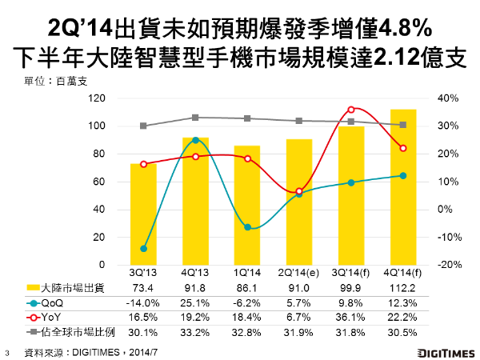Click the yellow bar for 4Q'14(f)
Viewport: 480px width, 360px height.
coord(402,188)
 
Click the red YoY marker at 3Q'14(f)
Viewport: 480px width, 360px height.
coord(351,110)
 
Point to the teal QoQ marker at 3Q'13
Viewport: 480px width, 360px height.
coord(143,249)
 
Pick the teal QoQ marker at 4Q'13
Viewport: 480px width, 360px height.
coord(195,140)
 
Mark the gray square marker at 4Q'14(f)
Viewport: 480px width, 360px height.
coord(402,125)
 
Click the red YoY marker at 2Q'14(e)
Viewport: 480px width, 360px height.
coord(299,191)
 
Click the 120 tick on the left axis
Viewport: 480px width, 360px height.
coord(99,98)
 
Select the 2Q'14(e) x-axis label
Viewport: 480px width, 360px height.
coord(299,274)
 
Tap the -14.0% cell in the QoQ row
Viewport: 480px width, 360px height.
coord(143,304)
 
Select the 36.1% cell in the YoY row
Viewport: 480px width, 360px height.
coord(351,317)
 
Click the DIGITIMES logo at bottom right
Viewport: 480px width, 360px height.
coord(445,351)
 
